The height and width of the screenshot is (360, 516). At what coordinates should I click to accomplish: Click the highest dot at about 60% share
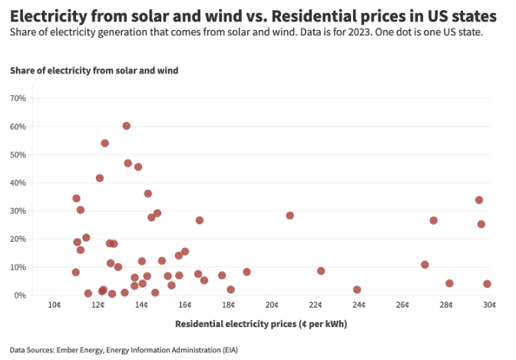[126, 126]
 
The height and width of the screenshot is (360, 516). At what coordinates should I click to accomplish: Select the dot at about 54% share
[104, 143]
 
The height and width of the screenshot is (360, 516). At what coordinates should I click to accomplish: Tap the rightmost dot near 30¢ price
[487, 284]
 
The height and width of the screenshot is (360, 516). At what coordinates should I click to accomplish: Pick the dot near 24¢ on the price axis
[357, 289]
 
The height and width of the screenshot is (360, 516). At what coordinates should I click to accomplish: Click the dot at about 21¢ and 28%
[289, 216]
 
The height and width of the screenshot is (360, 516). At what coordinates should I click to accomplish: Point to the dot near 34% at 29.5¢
[478, 200]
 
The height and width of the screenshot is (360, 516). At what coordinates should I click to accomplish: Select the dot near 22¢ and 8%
[321, 271]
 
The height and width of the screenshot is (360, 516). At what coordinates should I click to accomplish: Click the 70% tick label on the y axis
[18, 99]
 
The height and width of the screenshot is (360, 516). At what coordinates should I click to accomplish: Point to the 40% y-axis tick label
[18, 183]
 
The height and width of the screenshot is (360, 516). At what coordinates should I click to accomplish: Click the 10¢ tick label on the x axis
[54, 306]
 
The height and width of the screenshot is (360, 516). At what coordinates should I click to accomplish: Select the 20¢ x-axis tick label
[272, 306]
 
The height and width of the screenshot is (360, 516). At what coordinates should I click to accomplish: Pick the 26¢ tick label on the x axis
[402, 306]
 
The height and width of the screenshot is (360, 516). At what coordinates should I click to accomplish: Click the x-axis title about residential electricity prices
[261, 324]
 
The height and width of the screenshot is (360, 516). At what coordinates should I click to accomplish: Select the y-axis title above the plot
[94, 71]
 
